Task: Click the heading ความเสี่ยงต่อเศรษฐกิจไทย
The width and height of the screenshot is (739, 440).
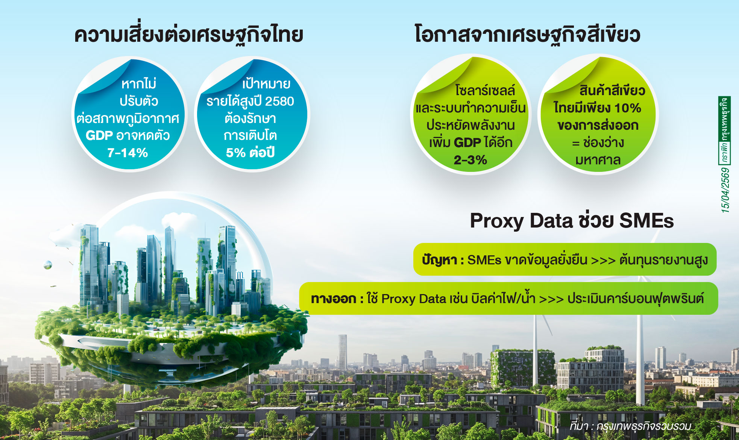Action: coord(188,35)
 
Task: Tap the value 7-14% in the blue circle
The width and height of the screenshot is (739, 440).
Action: coord(127,153)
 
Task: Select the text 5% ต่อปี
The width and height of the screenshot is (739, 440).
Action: coord(250,153)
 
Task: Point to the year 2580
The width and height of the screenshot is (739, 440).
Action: coord(279,101)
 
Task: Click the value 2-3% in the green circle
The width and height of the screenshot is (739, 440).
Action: coord(470,160)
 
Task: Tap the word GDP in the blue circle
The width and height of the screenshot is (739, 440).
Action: coord(99,135)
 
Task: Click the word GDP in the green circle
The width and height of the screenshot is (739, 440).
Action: coord(467,143)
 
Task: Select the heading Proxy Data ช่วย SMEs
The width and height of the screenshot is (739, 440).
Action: coord(571,221)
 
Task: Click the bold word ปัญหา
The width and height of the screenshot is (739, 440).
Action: coord(439,260)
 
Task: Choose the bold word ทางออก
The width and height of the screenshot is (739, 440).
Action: coord(333,299)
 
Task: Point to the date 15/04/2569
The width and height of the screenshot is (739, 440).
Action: coord(725,190)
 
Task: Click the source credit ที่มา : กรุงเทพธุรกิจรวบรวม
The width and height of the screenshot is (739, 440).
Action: coord(630,426)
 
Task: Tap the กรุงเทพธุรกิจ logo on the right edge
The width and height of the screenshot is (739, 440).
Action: coord(724,130)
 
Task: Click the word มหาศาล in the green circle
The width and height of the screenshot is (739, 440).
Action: coord(598,160)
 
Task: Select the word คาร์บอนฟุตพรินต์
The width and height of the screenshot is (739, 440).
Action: coord(662,299)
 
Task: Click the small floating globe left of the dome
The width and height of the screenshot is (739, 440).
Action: coord(48,265)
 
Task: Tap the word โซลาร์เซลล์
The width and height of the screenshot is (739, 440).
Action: coord(485,91)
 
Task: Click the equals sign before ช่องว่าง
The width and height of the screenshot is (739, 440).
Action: coord(575,143)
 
